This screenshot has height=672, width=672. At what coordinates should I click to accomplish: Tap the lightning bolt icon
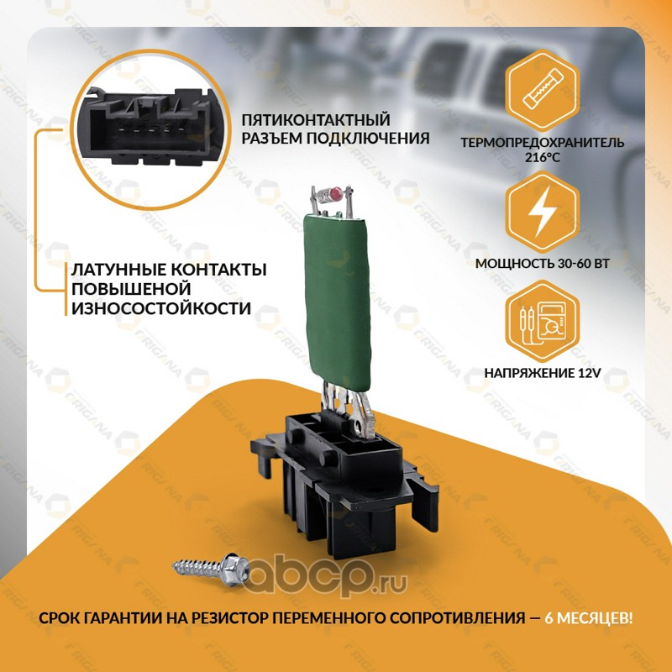[542, 212]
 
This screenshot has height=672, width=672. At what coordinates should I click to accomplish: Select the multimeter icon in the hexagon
[543, 322]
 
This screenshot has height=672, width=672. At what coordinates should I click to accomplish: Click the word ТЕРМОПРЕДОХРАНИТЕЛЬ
[543, 142]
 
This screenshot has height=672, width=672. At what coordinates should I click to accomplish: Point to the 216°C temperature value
[543, 157]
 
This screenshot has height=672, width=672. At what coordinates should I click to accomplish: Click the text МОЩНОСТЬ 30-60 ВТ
[542, 263]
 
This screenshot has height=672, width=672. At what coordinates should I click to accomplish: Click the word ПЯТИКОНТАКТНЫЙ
[316, 119]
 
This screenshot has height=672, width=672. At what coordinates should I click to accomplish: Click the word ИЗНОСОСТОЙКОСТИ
[161, 308]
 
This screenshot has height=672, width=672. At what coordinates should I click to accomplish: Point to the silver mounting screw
[212, 569]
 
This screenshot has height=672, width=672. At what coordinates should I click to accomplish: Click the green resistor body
[337, 302]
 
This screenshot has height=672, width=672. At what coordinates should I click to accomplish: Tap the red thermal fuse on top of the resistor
[336, 195]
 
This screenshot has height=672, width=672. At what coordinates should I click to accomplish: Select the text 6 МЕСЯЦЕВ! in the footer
[589, 618]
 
